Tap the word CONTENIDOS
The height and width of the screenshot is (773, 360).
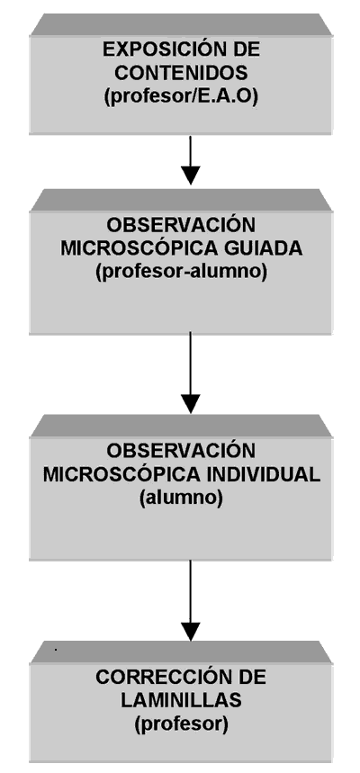coord(181,73)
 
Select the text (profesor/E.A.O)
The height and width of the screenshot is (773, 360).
coord(181,96)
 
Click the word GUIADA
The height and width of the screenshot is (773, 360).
coord(265,248)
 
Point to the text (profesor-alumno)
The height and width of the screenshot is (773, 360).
coord(181,272)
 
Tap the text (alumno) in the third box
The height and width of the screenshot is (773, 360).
coord(181,499)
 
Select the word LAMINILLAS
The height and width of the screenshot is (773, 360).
coord(181,700)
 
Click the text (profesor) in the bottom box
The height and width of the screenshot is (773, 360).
coord(181,724)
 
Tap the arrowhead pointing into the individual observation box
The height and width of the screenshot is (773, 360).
coord(191,404)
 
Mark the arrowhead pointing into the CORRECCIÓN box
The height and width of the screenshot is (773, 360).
coord(191,632)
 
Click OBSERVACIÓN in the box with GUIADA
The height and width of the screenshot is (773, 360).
coord(181,224)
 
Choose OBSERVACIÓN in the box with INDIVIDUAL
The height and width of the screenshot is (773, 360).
coord(181,450)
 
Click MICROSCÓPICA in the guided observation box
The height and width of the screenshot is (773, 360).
coord(140,248)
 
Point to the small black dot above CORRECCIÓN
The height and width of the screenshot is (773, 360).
coord(56,650)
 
